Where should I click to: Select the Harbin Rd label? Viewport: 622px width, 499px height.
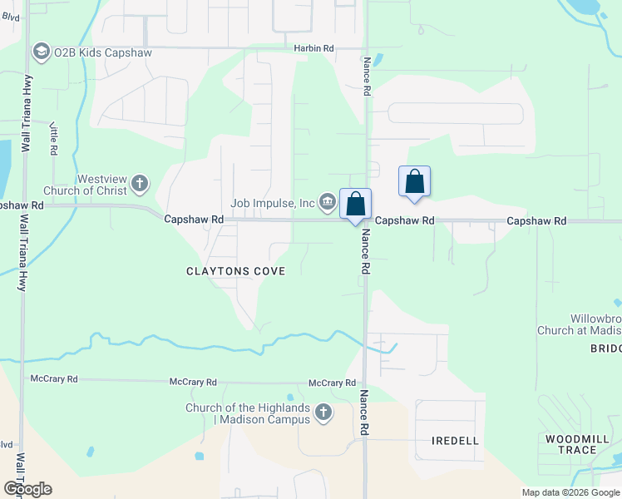point(313,49)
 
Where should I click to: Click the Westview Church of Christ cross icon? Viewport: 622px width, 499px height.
point(140,183)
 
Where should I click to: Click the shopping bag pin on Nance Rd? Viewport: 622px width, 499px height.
point(355,205)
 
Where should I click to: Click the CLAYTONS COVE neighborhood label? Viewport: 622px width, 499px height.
point(235,271)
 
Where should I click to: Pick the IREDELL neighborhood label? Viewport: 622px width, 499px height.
point(456,440)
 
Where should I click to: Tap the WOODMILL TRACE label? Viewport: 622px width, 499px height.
point(571,444)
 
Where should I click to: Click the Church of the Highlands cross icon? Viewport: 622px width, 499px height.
point(324,412)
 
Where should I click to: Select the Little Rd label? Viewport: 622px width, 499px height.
point(53,139)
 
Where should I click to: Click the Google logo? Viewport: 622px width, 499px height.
point(27,489)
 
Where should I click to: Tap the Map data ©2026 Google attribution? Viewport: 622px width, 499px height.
point(570,492)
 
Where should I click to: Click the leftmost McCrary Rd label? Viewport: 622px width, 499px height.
point(54,379)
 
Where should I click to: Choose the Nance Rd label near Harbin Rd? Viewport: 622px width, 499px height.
point(365,77)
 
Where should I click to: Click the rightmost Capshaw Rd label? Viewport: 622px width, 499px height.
point(536,221)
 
